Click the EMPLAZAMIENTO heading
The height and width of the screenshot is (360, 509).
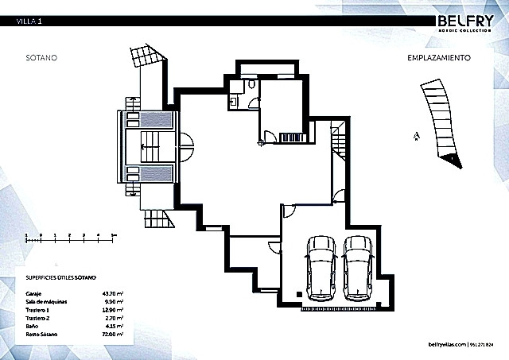click(440, 58)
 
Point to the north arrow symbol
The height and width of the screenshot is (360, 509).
click(415, 136)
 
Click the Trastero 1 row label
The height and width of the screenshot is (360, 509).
click(37, 311)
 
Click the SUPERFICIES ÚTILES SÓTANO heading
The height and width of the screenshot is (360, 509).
click(61, 277)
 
